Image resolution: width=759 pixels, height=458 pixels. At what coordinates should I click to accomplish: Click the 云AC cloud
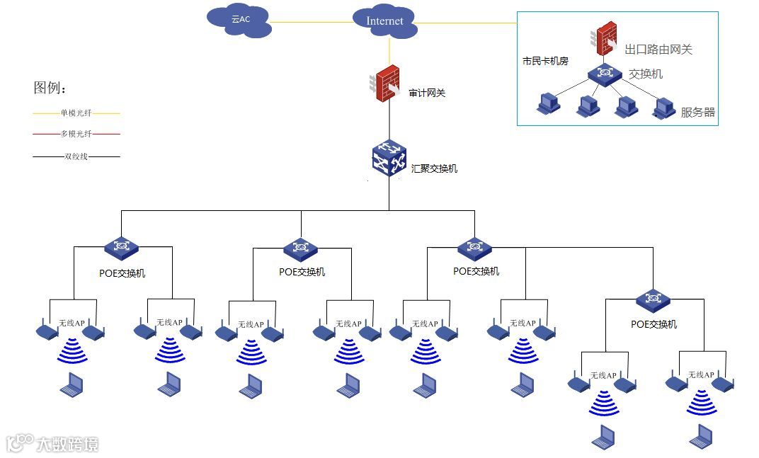[x=240, y=21]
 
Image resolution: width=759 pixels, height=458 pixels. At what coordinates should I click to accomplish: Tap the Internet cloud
[x=384, y=21]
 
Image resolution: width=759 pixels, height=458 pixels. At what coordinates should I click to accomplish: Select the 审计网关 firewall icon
[x=387, y=83]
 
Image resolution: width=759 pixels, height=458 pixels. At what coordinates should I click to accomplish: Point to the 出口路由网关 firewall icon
[x=605, y=39]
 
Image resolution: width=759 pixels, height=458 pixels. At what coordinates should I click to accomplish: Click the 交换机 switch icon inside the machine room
[x=604, y=73]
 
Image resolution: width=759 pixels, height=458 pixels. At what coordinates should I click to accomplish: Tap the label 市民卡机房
[x=545, y=62]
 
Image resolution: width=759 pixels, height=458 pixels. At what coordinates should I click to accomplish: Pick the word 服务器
[x=697, y=112]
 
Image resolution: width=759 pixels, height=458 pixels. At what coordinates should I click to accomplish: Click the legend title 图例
[x=50, y=88]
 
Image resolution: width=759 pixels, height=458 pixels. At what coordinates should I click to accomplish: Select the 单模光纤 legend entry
[x=76, y=113]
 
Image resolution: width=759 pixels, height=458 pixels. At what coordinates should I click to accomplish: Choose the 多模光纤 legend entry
[x=76, y=134]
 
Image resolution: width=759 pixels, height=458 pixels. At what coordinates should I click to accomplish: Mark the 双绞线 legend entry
[x=76, y=156]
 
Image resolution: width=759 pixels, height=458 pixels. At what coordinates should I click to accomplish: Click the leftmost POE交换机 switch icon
[x=121, y=247]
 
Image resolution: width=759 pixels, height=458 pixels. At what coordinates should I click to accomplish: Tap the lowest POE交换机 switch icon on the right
[x=653, y=299]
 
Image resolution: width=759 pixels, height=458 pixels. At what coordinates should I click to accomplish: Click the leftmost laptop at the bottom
[x=71, y=384]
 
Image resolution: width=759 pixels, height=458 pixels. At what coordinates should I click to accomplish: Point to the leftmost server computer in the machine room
[x=548, y=105]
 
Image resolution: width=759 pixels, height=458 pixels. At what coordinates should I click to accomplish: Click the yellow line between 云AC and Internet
[x=312, y=22]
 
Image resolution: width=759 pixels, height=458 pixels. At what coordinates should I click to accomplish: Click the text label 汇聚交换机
[x=434, y=168]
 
